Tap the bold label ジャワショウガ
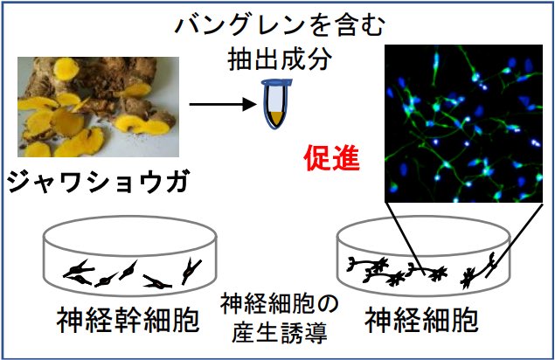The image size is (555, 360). pyautogui.click(x=96, y=183)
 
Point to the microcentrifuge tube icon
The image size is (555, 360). pyautogui.click(x=277, y=100)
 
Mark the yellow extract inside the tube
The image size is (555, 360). pyautogui.click(x=277, y=114)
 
